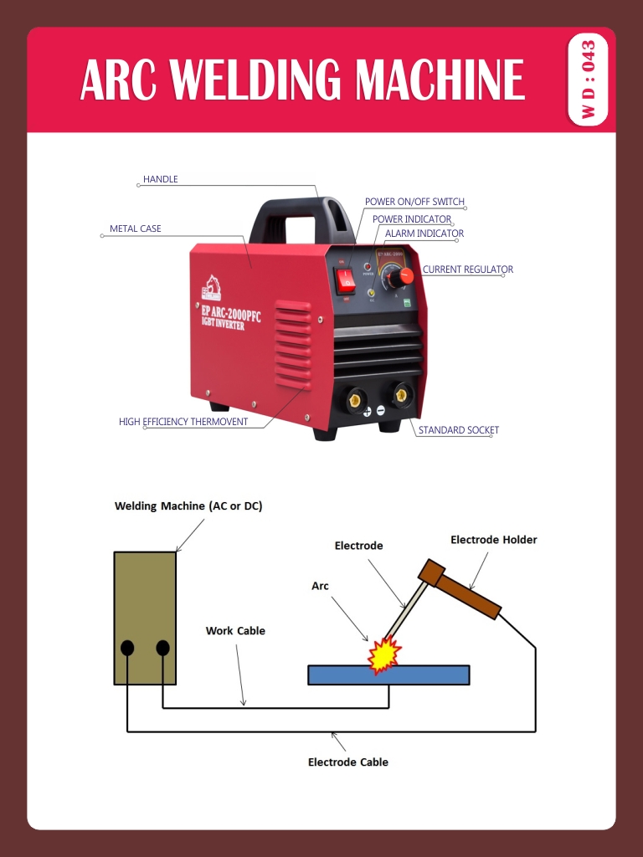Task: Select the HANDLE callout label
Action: tap(160, 179)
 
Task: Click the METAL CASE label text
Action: tap(136, 228)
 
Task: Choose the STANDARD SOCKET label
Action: tap(458, 430)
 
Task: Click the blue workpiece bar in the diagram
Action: tap(388, 675)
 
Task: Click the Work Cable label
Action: tap(235, 631)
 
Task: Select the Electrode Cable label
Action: tap(347, 762)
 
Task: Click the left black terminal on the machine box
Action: tap(127, 648)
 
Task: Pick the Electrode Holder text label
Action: tap(493, 540)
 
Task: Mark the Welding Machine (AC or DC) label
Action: tap(188, 506)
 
